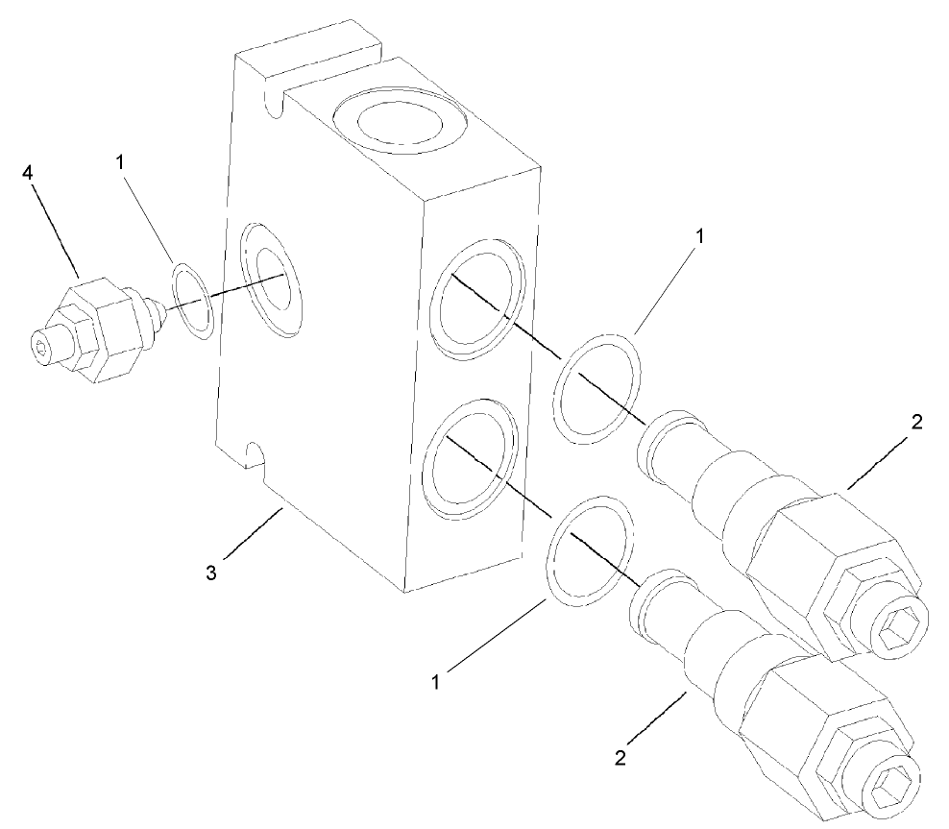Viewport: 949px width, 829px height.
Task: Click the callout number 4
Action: point(28,174)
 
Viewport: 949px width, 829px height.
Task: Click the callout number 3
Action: point(213,573)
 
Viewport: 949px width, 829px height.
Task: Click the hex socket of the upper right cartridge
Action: point(902,634)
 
